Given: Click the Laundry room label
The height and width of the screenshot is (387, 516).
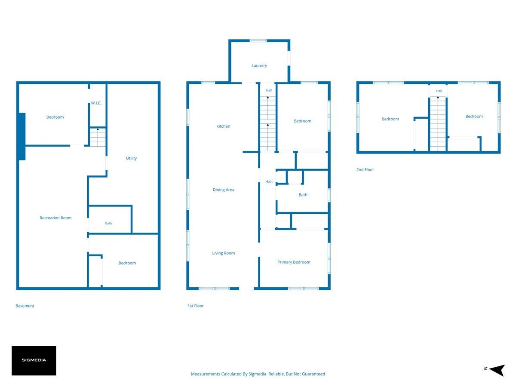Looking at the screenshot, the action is pos(259,65).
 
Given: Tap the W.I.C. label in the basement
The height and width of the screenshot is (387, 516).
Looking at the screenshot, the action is pos(96,103).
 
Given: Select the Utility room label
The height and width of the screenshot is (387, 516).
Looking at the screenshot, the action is pos(131,158).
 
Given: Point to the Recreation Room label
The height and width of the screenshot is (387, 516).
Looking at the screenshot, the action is pos(55,218).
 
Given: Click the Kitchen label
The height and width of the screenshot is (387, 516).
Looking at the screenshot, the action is pos(223,126).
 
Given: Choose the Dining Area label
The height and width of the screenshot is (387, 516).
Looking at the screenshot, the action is pos(223,190).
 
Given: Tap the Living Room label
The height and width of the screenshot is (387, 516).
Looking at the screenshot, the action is pos(223,253).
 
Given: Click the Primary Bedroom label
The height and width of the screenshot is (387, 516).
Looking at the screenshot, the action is pos(294,262).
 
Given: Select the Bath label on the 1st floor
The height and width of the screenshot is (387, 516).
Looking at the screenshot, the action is pos(303,194).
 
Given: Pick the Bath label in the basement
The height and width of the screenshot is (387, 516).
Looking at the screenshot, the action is pos(108,223).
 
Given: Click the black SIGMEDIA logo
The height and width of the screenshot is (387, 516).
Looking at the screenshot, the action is pos(34,360).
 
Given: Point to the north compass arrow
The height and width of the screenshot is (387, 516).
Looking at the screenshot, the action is pos(497,370).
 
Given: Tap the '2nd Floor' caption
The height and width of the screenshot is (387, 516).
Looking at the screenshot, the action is pos(365,169).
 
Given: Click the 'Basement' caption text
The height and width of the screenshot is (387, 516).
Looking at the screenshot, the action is pos(25,306).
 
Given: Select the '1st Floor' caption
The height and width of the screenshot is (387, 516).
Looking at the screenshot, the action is pos(195,306).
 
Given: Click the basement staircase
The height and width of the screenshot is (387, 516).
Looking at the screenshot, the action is pos(98,137).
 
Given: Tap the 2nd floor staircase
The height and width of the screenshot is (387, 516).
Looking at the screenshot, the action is pos(438,124).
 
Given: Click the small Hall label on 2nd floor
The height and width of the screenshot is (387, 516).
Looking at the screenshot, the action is pos(439,91).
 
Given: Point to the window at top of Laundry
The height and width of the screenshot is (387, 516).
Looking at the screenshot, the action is pos(258,41).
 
